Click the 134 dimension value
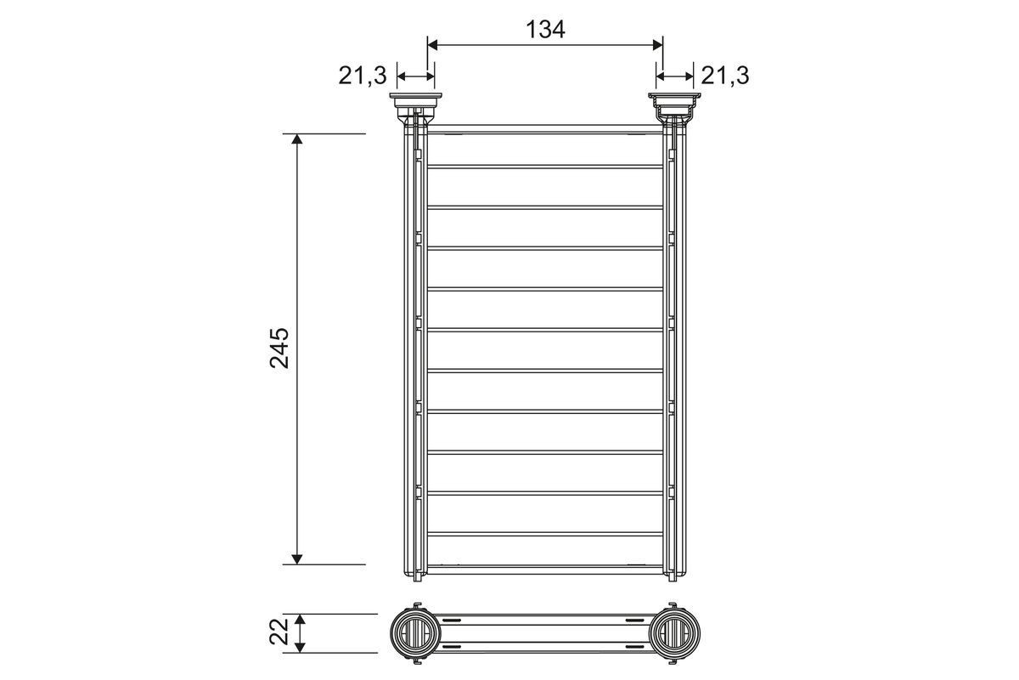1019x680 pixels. point(545,29)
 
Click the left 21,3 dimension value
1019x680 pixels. point(362,76)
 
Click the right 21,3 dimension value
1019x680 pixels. point(724,76)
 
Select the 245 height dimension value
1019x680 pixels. point(279,348)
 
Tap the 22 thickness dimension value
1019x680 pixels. point(279,632)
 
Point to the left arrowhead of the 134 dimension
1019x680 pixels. point(432,45)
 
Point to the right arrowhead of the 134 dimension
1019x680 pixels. point(658,45)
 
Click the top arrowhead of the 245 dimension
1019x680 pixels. point(296,139)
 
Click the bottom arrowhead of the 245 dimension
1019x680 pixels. point(296,558)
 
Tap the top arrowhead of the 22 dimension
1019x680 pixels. point(299,619)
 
